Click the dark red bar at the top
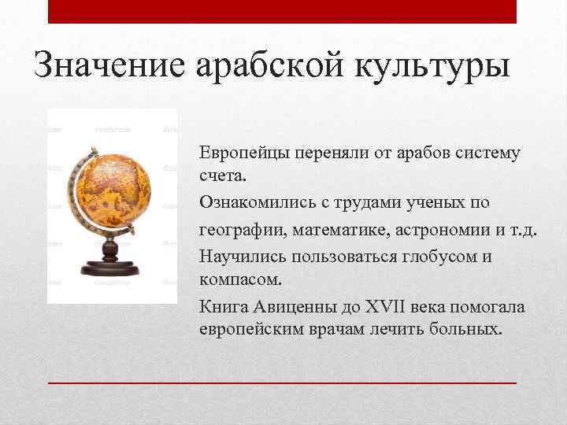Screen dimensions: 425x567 point(283,11)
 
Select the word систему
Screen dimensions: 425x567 point(484,152)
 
